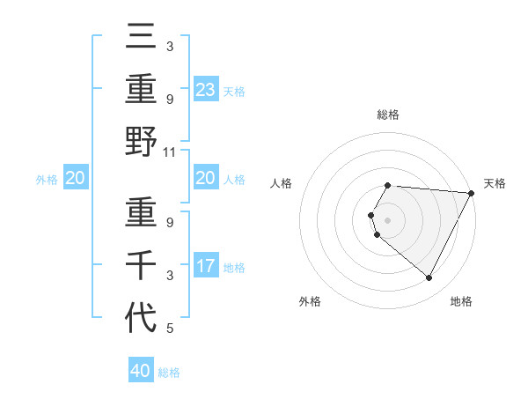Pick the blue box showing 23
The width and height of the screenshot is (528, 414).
(206, 89)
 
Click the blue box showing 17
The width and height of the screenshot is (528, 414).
(206, 266)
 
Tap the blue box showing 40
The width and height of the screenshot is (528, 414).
(141, 371)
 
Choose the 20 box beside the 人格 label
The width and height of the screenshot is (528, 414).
(206, 178)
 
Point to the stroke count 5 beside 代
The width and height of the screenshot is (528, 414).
(170, 329)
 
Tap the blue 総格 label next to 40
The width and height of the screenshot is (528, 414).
(169, 373)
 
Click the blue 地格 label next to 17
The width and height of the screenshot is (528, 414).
(234, 267)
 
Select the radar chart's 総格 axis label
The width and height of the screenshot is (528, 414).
(388, 115)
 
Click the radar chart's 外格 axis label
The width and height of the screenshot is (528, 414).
(310, 301)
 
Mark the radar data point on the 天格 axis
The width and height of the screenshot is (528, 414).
(471, 193)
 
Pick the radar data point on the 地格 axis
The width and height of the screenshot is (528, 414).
(429, 277)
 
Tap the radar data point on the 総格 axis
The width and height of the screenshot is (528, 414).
(388, 185)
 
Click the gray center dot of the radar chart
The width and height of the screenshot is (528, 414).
(388, 219)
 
